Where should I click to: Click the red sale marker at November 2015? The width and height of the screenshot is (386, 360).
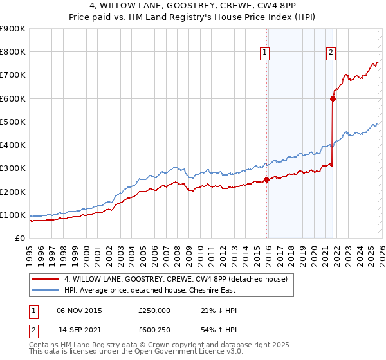point(266,180)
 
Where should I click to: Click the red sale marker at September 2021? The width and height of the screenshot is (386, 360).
point(333,98)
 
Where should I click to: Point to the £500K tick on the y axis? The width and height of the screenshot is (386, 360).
point(13,122)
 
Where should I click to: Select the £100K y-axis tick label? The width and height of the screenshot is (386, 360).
point(13,215)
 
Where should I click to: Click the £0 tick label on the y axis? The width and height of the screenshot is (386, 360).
point(21,238)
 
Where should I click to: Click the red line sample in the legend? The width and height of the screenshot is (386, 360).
point(46,279)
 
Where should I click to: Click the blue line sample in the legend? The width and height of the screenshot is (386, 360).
point(46,290)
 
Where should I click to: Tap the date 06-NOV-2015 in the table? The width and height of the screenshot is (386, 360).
point(79,310)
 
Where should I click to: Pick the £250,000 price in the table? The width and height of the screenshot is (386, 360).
point(154,310)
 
